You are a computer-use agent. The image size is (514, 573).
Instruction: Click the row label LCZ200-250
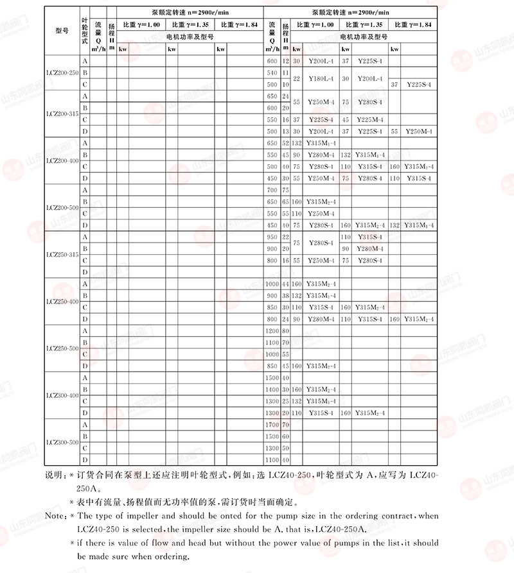[62, 73]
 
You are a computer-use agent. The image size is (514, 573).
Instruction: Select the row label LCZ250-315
[62, 255]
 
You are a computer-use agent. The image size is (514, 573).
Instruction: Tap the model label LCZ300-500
[62, 442]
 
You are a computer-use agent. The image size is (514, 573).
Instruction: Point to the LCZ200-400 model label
[62, 160]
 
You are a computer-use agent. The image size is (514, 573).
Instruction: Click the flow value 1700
[272, 425]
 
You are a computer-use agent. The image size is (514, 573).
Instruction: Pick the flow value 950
[272, 237]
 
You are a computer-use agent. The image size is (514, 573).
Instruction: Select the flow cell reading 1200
[272, 330]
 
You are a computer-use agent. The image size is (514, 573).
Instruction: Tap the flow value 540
[272, 73]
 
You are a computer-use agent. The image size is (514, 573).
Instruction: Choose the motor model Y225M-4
[369, 119]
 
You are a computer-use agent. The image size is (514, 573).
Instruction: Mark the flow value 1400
[272, 389]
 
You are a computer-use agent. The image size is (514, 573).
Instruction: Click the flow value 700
[272, 190]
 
